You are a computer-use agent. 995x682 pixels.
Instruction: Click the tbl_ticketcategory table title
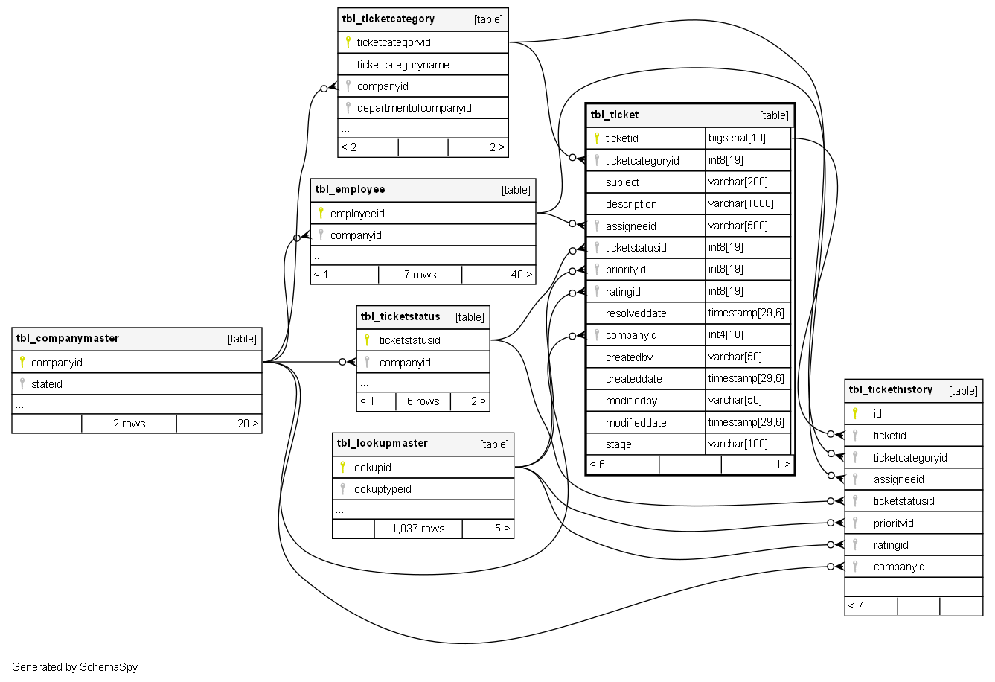388,19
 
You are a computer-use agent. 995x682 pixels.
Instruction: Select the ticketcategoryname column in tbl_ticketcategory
403,65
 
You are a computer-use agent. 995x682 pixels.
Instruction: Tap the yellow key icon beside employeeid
321,213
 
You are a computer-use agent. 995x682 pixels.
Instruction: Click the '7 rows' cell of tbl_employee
420,275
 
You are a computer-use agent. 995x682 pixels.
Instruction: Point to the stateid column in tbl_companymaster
47,384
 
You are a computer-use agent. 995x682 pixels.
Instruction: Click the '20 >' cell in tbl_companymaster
248,424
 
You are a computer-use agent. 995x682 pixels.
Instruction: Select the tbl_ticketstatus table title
400,317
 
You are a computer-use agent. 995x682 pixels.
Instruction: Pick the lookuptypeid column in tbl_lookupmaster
381,489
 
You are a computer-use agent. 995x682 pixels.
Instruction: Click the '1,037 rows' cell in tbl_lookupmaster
417,529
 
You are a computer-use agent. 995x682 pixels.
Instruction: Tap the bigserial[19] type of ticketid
737,138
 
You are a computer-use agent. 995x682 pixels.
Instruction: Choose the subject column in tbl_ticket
622,182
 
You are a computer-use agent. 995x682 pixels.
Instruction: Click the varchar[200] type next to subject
738,182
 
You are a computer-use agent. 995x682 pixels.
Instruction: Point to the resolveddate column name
636,313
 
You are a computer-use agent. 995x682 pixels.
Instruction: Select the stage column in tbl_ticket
618,444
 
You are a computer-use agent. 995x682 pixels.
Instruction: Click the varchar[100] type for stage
738,444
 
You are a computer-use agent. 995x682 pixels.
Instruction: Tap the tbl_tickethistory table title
890,390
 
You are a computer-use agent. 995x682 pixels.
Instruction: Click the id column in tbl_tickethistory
877,414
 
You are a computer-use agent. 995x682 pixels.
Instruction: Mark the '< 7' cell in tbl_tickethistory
856,606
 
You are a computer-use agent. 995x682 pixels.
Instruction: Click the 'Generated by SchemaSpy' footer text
74,667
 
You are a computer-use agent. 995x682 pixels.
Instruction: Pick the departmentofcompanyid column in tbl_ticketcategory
414,108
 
